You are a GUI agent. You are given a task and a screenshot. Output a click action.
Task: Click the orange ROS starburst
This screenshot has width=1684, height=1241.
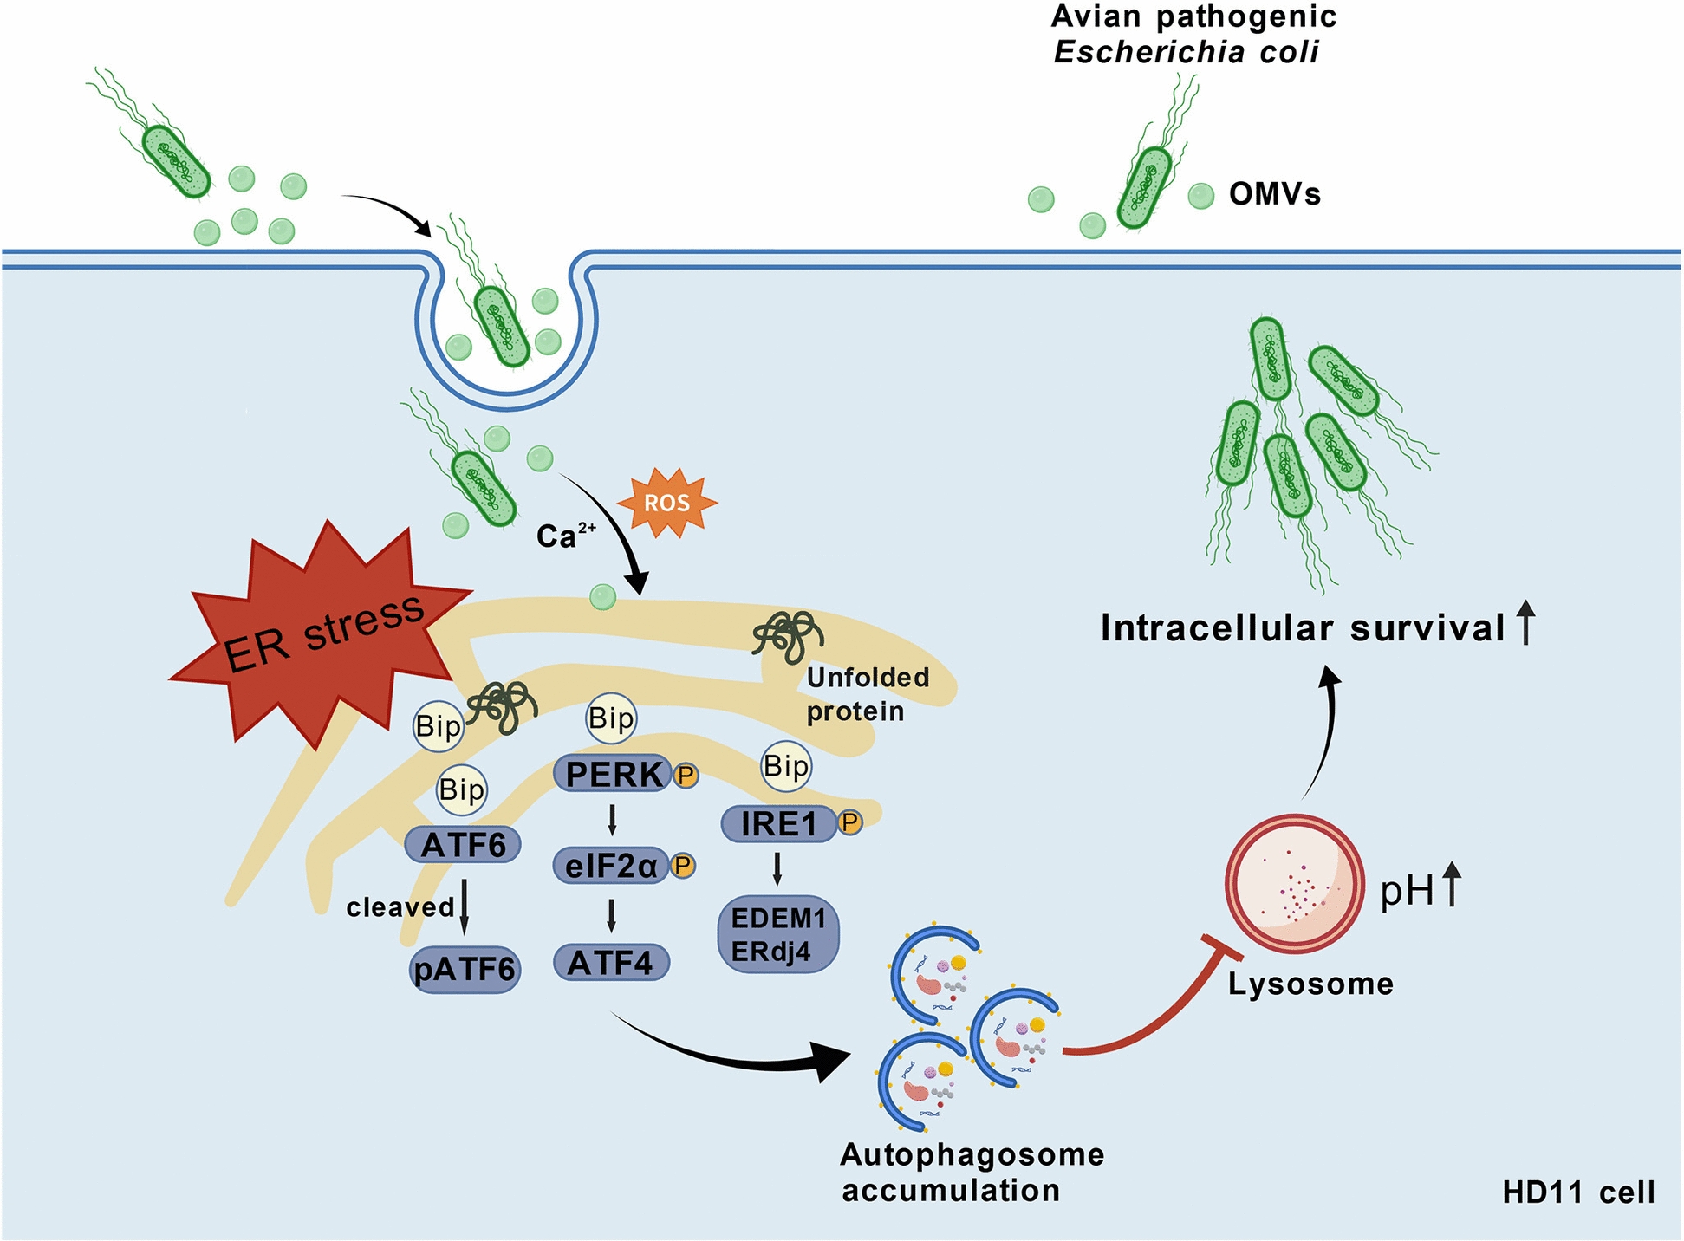coord(666,503)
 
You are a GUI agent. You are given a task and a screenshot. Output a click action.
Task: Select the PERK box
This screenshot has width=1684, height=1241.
coord(614,774)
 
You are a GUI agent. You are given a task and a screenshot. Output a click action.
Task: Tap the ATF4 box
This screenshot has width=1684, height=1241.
coord(611,962)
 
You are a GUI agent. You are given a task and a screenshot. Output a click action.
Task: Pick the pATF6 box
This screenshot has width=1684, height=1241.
coord(465,969)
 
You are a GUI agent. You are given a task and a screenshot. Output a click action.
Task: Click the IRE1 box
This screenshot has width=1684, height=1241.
coord(779,822)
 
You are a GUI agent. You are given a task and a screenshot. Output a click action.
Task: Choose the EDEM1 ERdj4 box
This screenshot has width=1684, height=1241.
coord(778,934)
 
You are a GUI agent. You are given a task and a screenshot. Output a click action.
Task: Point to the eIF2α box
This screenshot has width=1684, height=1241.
coord(611,865)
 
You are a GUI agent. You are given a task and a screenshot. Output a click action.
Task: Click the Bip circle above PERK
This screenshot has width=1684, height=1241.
coord(611,718)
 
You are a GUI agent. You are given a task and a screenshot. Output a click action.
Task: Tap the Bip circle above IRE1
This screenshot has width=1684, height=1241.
coord(786,766)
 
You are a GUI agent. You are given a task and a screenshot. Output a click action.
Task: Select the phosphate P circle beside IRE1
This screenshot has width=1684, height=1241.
coord(849,822)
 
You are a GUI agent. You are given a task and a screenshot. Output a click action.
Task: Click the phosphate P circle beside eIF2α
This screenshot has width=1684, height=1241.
coord(683,865)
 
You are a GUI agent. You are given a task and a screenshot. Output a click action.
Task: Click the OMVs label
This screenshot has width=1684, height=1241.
coord(1275,194)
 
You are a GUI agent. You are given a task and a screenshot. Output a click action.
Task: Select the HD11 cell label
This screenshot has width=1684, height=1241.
coord(1578,1192)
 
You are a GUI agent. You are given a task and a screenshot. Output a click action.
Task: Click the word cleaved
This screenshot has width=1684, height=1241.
coord(400,907)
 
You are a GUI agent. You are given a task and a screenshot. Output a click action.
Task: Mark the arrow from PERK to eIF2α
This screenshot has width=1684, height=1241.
coord(612,820)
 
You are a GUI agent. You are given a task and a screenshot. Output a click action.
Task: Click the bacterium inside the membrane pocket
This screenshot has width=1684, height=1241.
coord(502,327)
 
